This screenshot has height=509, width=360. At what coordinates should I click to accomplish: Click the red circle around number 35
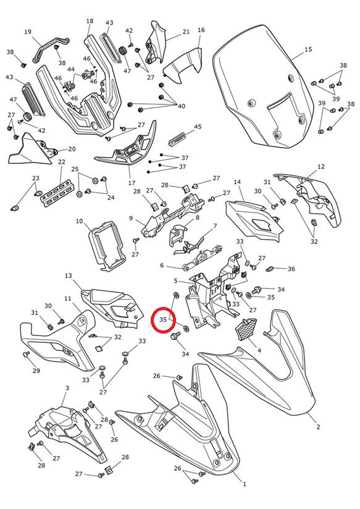163,320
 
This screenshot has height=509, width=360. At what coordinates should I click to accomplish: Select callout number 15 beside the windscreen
308,49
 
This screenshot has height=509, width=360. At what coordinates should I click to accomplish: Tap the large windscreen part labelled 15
264,86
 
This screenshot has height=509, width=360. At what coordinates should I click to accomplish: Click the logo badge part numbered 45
178,138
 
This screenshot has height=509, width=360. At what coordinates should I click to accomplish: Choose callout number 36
291,269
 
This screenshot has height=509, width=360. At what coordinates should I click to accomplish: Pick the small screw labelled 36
270,269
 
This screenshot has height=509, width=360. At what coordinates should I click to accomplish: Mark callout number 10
80,221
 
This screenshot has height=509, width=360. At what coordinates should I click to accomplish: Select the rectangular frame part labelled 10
107,246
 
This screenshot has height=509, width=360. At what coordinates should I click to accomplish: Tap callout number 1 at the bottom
245,484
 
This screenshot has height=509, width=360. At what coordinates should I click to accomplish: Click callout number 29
36,371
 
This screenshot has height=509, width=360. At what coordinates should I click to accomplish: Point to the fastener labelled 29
26,354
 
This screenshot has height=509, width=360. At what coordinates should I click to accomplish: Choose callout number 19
28,32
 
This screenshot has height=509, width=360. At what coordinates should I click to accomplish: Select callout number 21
186,32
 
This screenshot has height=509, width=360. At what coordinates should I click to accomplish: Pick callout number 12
320,167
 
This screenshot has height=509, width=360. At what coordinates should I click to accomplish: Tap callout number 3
67,388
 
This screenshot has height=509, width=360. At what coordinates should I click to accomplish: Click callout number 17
132,183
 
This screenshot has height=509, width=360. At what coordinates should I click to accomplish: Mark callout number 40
182,106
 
